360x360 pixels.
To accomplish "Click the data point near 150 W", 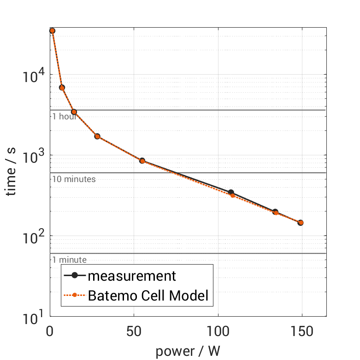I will (x=301, y=223).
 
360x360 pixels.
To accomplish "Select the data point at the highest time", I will (x=52, y=31).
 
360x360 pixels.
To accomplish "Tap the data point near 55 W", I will (x=142, y=161).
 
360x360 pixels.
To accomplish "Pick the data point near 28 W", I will (x=97, y=136).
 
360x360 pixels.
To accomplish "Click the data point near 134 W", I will (x=275, y=212).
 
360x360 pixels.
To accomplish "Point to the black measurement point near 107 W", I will (x=231, y=193).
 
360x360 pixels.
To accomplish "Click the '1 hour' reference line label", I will (x=64, y=116).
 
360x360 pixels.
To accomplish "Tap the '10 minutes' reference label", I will (x=74, y=179).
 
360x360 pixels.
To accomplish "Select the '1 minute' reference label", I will (x=69, y=260).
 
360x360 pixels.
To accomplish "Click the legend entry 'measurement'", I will (x=132, y=276).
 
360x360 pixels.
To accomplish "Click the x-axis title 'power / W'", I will (x=188, y=352).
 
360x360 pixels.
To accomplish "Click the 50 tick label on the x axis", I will (x=134, y=331).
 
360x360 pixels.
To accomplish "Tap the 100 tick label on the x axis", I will (x=218, y=331).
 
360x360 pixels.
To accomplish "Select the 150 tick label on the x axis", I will (x=301, y=331).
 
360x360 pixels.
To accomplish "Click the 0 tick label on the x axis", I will (x=50, y=331).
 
